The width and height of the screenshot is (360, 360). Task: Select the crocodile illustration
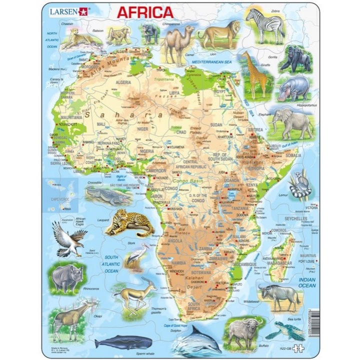point(100,193)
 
